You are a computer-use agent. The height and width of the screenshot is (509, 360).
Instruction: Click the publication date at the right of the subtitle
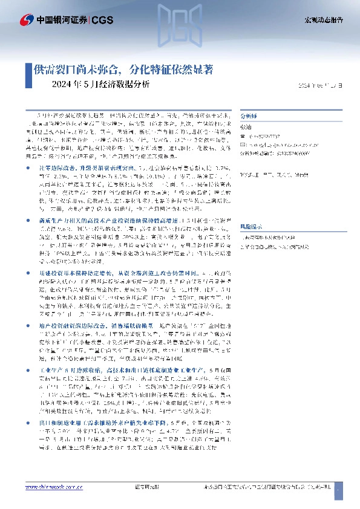point(321,85)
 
